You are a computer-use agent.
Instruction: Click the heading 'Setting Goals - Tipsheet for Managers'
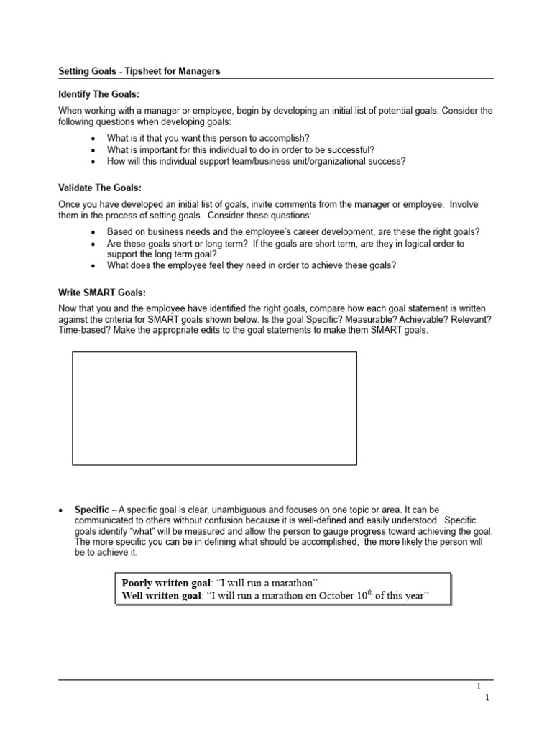tap(139, 71)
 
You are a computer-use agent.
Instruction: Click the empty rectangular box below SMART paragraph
tap(214, 408)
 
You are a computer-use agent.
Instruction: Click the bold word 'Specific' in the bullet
tap(92, 510)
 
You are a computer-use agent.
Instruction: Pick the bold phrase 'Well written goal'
tap(162, 596)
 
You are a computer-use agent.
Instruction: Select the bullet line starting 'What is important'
tap(240, 149)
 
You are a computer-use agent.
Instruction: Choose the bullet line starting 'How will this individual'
tap(256, 161)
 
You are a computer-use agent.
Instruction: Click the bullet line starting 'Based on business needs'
tap(293, 231)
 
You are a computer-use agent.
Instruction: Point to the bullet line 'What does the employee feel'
tap(252, 265)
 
